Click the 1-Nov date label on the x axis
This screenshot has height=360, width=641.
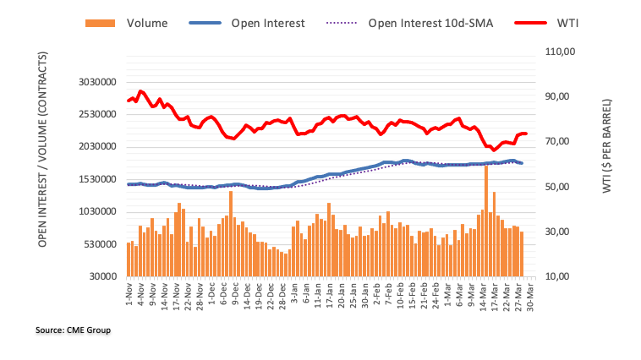[x=129, y=292]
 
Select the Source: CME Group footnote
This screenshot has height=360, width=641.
[x=74, y=330]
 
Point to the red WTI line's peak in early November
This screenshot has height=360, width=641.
[x=140, y=91]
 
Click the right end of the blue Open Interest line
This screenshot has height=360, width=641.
[x=522, y=163]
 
